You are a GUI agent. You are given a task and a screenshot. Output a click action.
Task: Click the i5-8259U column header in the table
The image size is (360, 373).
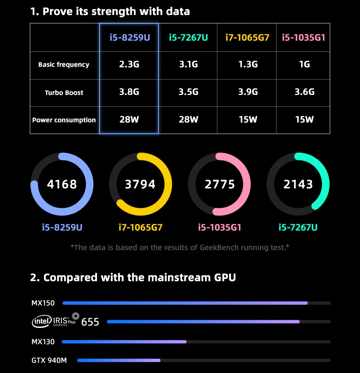[129, 38]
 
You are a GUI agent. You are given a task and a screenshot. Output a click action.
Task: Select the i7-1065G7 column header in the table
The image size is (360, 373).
[247, 38]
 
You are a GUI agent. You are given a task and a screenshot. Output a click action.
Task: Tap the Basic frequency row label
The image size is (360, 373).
[64, 65]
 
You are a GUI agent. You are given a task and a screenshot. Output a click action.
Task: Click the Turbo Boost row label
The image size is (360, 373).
[64, 92]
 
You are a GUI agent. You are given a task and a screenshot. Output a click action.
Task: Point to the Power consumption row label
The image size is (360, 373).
[64, 120]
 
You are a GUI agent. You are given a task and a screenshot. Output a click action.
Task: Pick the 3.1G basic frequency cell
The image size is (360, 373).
[189, 65]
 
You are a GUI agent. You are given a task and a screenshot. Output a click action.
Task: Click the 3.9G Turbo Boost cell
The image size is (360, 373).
[248, 92]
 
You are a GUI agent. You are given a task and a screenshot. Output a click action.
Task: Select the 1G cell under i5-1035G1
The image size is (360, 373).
[304, 65]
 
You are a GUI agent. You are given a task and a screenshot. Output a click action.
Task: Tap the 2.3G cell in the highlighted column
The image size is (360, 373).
[129, 65]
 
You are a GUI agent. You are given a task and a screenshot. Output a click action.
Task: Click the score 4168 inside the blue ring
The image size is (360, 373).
[62, 184]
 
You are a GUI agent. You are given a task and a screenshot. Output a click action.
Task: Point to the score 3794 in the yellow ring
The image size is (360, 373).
[140, 184]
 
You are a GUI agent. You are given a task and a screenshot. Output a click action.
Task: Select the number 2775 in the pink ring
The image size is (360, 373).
[220, 184]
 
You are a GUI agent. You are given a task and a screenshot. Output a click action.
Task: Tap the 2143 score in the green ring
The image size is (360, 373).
[298, 184]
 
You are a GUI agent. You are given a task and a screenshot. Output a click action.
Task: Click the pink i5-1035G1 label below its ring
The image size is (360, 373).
[220, 227]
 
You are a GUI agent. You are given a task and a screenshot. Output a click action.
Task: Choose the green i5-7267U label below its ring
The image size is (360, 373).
[298, 227]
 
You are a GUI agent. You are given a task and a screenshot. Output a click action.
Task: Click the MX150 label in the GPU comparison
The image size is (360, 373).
[43, 303]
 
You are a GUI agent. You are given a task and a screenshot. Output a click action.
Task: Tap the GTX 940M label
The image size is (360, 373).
[49, 361]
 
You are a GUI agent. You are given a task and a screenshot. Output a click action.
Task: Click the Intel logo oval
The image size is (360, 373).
[42, 321]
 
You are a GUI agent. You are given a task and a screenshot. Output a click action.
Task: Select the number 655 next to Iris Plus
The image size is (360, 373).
[90, 322]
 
